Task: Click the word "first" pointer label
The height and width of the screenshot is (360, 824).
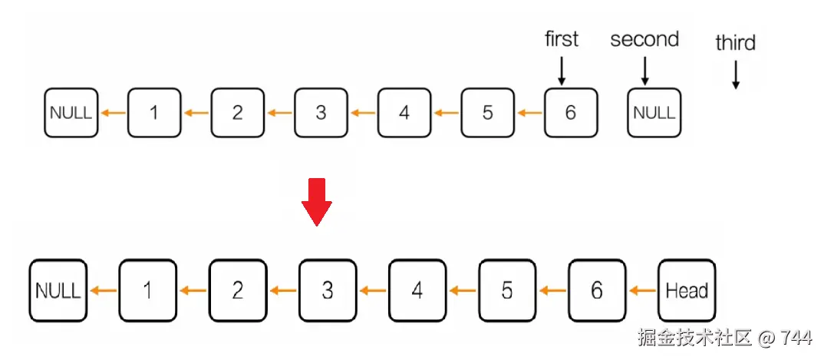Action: coord(562,40)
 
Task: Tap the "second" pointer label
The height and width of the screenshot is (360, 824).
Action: coord(644,40)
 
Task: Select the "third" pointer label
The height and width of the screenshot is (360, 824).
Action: coord(735,43)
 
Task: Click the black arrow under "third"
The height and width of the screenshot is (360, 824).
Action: coord(735,75)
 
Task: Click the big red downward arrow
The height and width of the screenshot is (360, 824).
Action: coord(316,202)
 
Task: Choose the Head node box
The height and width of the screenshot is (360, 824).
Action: coord(686,291)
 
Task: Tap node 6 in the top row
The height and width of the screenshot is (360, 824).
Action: coord(570,113)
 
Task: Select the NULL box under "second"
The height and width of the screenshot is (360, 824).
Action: coord(654,113)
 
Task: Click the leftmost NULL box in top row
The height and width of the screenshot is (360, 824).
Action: coord(71,113)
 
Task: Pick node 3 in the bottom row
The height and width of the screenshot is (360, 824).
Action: coord(328,291)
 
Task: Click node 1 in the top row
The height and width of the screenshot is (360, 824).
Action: coord(154,113)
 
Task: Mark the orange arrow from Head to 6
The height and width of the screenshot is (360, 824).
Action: coord(641,291)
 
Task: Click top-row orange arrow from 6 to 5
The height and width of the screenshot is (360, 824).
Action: coord(529,114)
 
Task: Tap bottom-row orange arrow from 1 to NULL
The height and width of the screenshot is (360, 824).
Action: coord(103,291)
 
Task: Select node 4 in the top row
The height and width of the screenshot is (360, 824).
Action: coord(404,113)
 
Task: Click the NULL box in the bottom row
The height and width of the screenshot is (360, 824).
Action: coord(58,291)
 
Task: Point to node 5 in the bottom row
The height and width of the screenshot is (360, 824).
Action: coord(507,291)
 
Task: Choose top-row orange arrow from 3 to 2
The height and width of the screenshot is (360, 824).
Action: coord(279,114)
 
